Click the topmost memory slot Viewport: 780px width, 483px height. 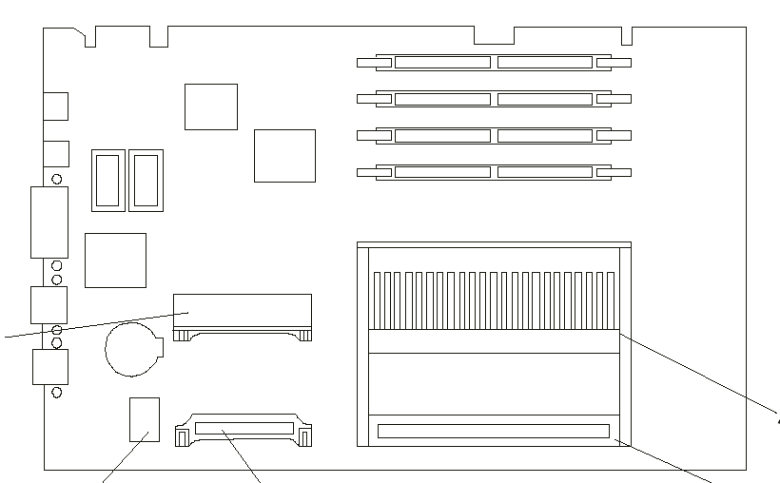click(494, 63)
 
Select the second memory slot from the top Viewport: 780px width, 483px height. click(494, 99)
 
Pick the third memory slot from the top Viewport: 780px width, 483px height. click(494, 136)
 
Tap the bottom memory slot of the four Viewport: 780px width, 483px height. click(494, 172)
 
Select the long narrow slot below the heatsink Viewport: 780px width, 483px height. click(493, 431)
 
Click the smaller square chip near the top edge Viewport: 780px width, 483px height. click(210, 106)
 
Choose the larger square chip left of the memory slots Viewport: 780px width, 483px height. click(284, 155)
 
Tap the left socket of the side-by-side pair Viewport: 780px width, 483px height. click(107, 180)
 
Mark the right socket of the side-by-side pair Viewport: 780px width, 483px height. click(146, 180)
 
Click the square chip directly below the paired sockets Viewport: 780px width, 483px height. click(115, 260)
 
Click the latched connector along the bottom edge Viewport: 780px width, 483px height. click(244, 429)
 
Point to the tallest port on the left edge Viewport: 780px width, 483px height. click(49, 222)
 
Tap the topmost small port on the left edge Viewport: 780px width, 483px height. click(56, 106)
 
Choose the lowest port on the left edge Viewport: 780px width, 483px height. click(50, 367)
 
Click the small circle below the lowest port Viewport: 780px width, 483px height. click(56, 392)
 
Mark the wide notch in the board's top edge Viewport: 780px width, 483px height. click(494, 35)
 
